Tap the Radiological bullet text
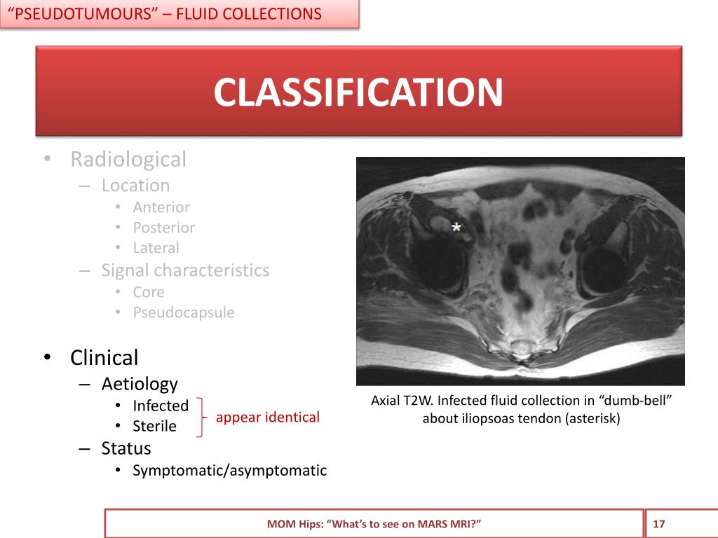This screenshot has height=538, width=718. (x=128, y=160)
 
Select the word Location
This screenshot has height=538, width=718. (x=135, y=186)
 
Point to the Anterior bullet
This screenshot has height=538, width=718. (x=161, y=207)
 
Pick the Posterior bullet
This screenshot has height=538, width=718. (x=164, y=228)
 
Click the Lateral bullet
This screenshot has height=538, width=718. (x=156, y=248)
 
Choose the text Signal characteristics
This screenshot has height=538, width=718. (x=185, y=270)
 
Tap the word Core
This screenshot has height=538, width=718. (x=149, y=292)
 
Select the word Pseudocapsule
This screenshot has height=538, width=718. (x=184, y=312)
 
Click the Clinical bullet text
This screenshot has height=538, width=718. (x=104, y=358)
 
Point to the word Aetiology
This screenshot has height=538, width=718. (x=140, y=384)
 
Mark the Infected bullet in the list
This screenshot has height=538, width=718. (x=161, y=406)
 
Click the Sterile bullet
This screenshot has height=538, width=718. (x=155, y=426)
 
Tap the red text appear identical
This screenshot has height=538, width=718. (x=268, y=418)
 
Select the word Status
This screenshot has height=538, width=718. (x=126, y=448)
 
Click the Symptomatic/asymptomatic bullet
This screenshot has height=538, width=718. (x=230, y=470)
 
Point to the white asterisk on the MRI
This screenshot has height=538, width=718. (x=456, y=228)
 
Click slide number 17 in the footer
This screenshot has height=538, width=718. (x=659, y=524)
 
